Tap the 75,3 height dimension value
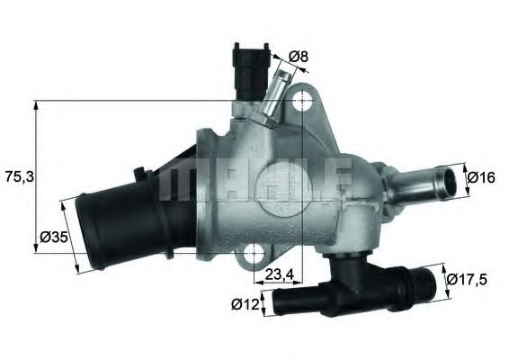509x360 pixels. [18, 178]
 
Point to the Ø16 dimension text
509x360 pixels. [482, 177]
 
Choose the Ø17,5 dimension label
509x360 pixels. [468, 279]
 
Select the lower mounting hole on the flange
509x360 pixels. [258, 253]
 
